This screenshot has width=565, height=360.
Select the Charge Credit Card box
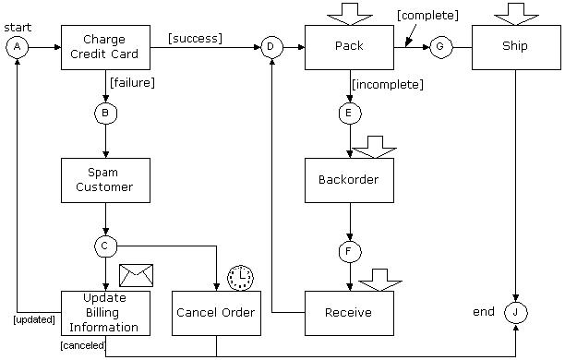pos(105,46)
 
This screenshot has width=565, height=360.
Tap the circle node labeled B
pos(105,114)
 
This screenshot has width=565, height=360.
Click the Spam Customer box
pos(105,180)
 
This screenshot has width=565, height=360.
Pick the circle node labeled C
pos(105,246)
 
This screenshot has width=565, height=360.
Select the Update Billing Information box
pos(105,313)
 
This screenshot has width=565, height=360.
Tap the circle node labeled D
pos(270,46)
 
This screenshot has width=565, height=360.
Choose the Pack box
pos(349,46)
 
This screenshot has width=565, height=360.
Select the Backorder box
pos(349,180)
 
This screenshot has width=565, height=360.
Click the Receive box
pos(349,313)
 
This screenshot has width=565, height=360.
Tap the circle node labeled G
pos(439,46)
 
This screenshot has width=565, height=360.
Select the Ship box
pos(516,46)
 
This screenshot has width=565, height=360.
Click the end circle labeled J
pos(516,313)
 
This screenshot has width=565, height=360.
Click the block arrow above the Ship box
pos(516,14)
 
